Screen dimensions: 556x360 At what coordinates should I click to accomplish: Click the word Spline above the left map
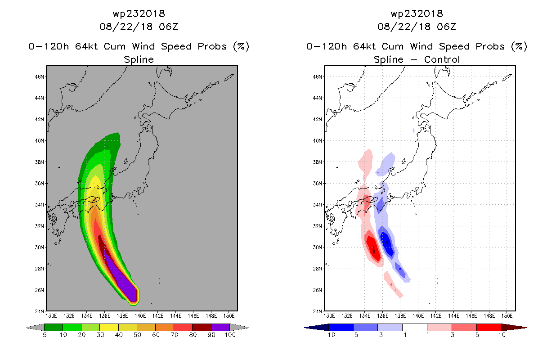click(x=139, y=59)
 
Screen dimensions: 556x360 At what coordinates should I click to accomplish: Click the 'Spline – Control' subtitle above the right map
click(x=417, y=59)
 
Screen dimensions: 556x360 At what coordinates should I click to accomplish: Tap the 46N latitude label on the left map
click(x=40, y=76)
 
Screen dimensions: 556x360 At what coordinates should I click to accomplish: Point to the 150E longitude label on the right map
click(x=507, y=316)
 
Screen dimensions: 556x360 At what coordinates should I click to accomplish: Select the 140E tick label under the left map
click(x=140, y=316)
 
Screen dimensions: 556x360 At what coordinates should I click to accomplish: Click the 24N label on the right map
click(x=318, y=311)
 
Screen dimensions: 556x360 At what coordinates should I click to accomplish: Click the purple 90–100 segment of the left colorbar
click(x=220, y=327)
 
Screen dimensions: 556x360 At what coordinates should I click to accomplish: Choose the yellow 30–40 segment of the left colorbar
click(x=109, y=327)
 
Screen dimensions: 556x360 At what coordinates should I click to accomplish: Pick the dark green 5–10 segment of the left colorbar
click(x=54, y=327)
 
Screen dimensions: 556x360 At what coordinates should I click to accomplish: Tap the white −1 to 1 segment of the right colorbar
click(x=414, y=327)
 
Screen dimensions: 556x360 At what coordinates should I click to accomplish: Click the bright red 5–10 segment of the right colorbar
click(x=489, y=327)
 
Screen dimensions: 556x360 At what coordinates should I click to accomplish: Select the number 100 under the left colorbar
click(x=230, y=335)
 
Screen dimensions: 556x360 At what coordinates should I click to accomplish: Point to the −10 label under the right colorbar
click(x=329, y=335)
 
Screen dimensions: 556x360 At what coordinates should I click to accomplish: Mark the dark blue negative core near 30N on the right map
click(x=387, y=243)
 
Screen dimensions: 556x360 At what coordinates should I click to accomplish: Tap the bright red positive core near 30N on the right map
click(x=374, y=248)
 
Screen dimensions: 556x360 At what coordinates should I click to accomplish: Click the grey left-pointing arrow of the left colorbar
click(x=35, y=328)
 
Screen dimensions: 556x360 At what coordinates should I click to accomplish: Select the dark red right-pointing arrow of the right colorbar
click(x=514, y=328)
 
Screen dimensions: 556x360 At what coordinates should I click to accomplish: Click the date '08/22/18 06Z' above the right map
click(x=417, y=27)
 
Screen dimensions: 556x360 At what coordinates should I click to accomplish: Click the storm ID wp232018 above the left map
click(x=139, y=14)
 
